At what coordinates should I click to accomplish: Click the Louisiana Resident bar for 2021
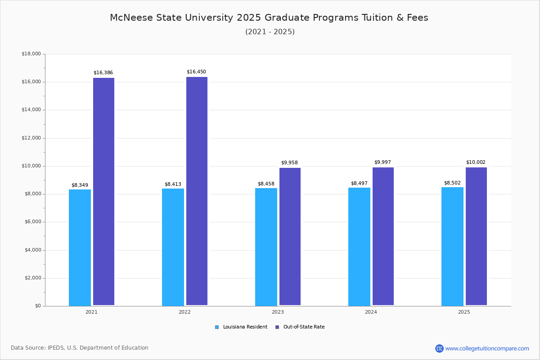80,247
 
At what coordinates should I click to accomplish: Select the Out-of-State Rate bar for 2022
197,191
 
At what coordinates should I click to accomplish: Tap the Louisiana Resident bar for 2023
266,247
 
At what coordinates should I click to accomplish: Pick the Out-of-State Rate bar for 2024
383,236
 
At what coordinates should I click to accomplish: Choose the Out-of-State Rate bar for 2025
476,236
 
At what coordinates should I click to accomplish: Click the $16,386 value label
103,72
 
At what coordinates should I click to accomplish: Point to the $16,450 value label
196,72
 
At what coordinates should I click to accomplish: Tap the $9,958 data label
289,162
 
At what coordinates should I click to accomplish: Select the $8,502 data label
452,183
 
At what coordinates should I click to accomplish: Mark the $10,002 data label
476,162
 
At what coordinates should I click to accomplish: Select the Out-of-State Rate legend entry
300,327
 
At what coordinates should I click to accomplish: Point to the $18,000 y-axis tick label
31,54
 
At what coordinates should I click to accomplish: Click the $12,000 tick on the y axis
31,138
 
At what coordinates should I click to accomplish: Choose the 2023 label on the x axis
278,312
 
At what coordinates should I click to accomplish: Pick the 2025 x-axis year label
464,312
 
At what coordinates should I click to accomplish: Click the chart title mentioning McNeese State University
269,18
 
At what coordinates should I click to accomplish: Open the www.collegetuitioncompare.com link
487,348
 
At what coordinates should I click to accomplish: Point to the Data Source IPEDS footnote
80,348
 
